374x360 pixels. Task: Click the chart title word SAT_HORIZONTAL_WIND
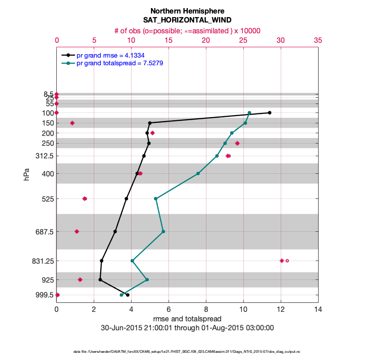[x=187, y=20]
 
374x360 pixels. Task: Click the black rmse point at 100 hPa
[x=269, y=112]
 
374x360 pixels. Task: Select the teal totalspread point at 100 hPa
[x=249, y=113]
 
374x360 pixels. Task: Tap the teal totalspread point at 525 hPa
[x=155, y=198]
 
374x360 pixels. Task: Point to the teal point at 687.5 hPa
[x=163, y=231]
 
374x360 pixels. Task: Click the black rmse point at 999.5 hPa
[x=128, y=295]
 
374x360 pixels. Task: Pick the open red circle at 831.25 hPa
[x=287, y=261]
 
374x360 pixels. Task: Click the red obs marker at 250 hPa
[x=237, y=143]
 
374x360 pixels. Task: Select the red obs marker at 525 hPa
[x=85, y=198]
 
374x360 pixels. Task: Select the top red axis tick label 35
[x=318, y=40]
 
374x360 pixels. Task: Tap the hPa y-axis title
[x=27, y=175]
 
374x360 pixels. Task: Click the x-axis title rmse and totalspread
[x=187, y=319]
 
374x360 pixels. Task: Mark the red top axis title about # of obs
[x=187, y=30]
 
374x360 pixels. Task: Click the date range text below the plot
[x=187, y=328]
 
